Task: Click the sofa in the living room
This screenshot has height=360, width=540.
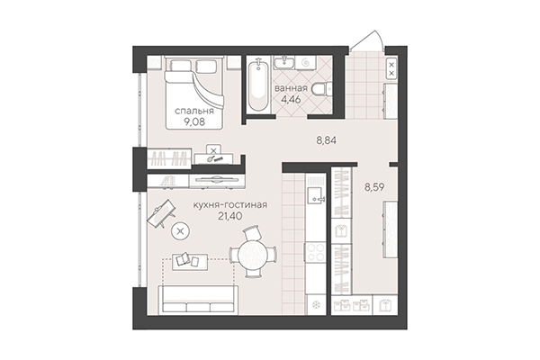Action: (x=199, y=296)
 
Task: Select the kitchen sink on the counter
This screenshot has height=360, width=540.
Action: (x=315, y=193)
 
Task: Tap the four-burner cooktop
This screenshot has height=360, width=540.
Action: (x=315, y=256)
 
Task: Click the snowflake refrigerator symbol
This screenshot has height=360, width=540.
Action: (x=315, y=303)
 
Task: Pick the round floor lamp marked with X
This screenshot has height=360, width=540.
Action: (x=181, y=232)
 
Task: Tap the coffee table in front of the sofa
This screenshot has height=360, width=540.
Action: (x=188, y=262)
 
